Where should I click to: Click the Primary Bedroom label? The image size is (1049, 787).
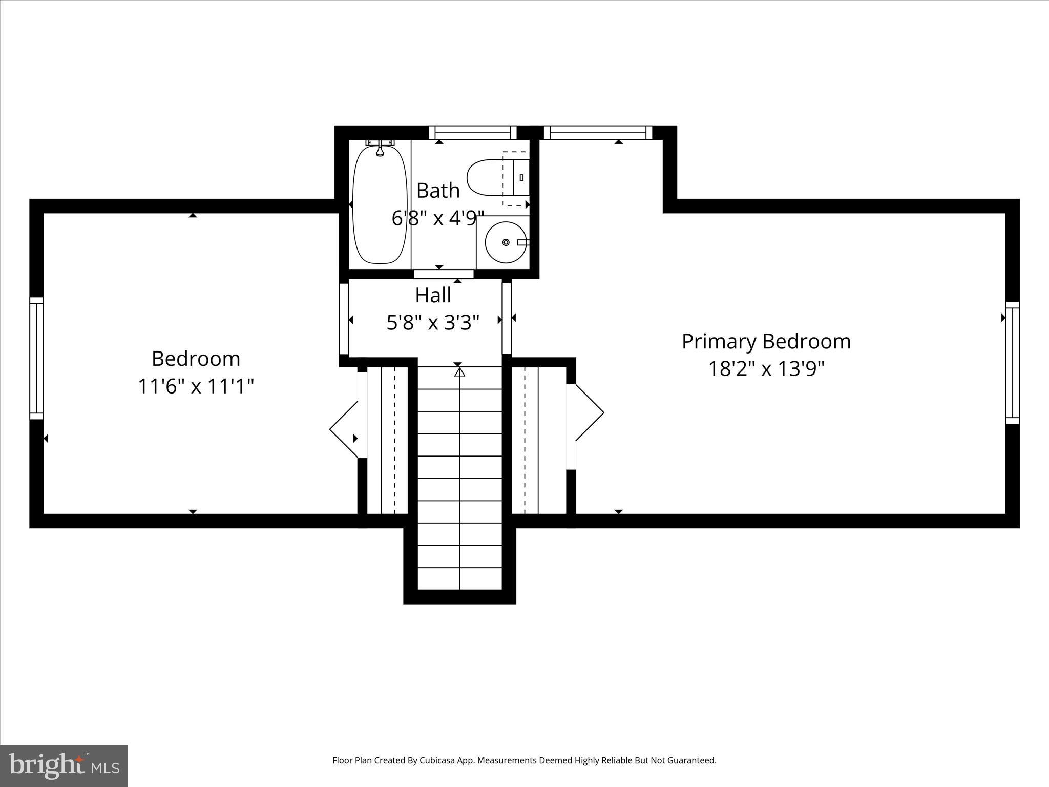coord(766,342)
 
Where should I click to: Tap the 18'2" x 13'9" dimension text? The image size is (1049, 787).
coord(766,369)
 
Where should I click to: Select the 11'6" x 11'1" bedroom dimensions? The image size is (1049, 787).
coord(196,386)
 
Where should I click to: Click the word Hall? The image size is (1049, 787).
coord(433,296)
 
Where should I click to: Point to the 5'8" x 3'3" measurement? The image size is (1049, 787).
coord(433,323)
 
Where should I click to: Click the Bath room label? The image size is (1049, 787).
coord(437,191)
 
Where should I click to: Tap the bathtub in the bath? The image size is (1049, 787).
coord(379,205)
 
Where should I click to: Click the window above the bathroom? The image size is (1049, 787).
coord(472,133)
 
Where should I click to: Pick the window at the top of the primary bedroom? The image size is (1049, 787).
coord(598,133)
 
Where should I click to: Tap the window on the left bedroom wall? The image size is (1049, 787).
coord(36,358)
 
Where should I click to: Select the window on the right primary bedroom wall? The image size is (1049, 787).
coord(1012,363)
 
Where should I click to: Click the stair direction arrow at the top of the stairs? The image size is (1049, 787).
coord(459,372)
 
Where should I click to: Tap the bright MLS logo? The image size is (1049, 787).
coord(64,765)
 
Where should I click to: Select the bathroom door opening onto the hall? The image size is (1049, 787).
coord(444,274)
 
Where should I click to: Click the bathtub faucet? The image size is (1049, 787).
coord(380,149)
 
